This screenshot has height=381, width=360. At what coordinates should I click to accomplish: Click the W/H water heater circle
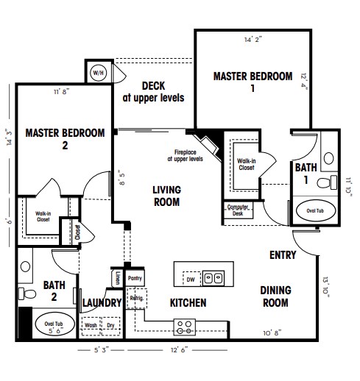tap(98, 73)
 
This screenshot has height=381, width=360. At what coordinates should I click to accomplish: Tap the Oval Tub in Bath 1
tap(315, 210)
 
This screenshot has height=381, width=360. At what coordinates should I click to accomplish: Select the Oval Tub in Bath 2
tap(54, 324)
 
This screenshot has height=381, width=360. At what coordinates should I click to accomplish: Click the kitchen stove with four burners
tap(185, 327)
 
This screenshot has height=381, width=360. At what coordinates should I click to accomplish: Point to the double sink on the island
tap(213, 278)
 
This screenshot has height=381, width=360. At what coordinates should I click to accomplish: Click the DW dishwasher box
tap(191, 279)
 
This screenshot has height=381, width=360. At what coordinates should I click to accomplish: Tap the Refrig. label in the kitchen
tap(137, 298)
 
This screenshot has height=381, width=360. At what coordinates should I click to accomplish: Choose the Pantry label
tap(135, 278)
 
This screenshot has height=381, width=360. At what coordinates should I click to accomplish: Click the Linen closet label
tap(118, 278)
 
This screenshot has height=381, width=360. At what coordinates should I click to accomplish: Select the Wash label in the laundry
tap(91, 325)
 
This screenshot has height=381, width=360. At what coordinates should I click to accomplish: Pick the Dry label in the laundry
tap(110, 326)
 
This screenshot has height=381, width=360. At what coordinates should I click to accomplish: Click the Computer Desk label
tap(238, 210)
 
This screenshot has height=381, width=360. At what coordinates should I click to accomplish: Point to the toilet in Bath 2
tap(27, 293)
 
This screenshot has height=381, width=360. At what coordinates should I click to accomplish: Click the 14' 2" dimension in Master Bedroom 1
tap(253, 40)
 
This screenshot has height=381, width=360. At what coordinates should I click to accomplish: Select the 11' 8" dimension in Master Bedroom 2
tap(62, 92)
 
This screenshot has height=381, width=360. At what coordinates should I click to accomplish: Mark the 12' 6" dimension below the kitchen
tap(180, 350)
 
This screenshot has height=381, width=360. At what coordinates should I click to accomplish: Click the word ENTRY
tap(283, 255)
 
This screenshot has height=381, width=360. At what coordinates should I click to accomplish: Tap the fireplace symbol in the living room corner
tap(208, 146)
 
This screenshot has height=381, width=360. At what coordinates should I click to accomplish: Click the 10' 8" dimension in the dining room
tap(272, 333)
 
